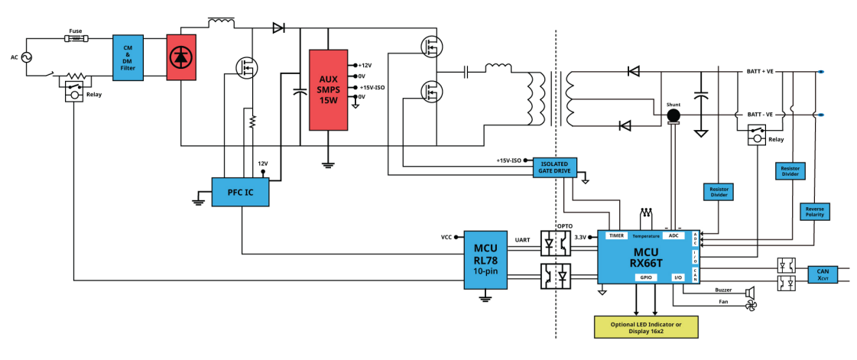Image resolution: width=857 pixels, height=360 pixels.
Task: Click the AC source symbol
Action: [26, 57]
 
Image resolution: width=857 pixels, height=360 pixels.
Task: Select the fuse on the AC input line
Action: [76, 39]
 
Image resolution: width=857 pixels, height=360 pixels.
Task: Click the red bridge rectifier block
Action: [181, 57]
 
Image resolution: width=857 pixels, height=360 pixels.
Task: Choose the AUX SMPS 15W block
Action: [328, 90]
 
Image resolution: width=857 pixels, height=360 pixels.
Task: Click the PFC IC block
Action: [241, 192]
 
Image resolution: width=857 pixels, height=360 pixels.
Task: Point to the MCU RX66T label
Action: [648, 258]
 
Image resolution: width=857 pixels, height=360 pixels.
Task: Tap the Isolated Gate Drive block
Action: [554, 167]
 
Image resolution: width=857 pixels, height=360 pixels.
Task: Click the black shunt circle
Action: [674, 115]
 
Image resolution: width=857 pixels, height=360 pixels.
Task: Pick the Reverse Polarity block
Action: [814, 212]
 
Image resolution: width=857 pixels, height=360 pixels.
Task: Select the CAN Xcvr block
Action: [823, 274]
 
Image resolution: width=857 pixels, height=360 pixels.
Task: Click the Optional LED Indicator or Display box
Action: [646, 327]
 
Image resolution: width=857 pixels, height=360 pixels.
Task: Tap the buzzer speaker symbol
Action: [750, 290]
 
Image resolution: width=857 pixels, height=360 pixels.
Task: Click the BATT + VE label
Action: [760, 72]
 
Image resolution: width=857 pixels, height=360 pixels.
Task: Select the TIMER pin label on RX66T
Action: [616, 235]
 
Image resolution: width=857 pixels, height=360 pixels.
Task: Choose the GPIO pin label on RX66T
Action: [645, 277]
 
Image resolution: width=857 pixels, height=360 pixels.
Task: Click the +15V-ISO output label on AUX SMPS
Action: [373, 87]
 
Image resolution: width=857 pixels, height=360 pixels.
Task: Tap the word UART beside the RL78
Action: [522, 240]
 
